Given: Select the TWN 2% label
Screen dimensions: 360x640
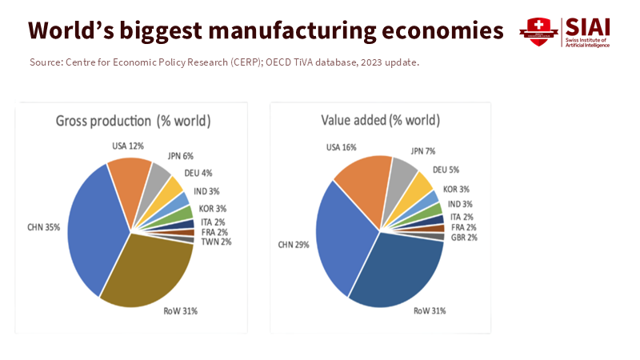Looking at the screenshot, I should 216,242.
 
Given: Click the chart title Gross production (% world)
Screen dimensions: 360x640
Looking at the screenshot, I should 133,121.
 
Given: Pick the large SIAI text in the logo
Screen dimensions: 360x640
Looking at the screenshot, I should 588,26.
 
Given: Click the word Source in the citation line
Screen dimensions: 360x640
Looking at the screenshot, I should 44,62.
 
